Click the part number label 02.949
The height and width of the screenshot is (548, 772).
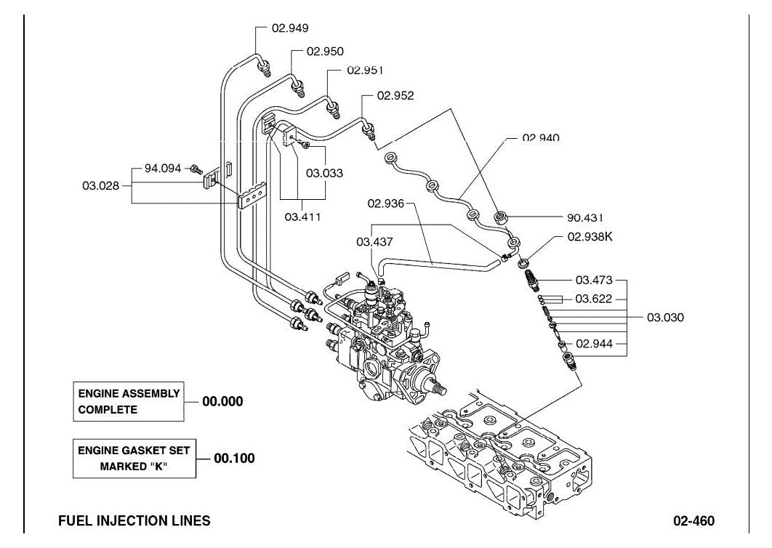coord(290,28)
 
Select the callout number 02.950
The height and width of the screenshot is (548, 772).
coord(325,51)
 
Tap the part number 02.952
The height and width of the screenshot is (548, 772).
coord(395,95)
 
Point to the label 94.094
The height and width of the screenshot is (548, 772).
coord(163,169)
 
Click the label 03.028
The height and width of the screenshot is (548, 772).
coord(100,185)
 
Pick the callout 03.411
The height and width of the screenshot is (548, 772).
coord(303,217)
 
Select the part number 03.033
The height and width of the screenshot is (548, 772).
coord(324,173)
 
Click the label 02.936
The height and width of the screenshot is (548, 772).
coord(385,204)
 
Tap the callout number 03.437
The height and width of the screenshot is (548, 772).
coord(374,242)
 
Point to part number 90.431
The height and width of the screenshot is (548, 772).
coord(585,217)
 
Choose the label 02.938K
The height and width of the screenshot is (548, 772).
coord(590,237)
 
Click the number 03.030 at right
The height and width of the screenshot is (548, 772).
coord(665,318)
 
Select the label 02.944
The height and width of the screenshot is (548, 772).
coord(594,344)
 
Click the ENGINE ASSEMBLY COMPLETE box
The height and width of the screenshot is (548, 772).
coord(129,401)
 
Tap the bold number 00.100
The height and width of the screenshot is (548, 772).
coord(234,459)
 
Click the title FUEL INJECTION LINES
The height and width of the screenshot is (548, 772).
coord(134,520)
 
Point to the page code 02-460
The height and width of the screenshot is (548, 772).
coord(693,521)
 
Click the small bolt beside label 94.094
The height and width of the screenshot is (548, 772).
coord(196,169)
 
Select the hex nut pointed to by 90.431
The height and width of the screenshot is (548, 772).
coord(501,217)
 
